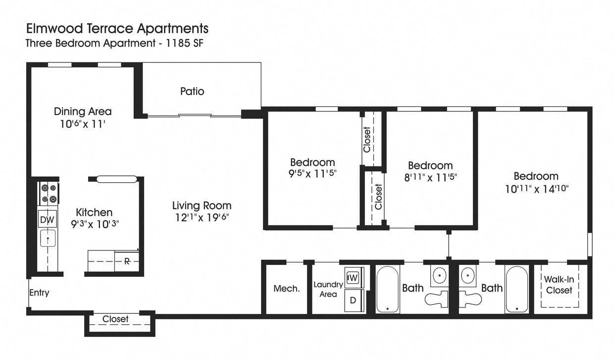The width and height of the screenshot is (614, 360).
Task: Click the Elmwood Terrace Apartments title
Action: [117, 28]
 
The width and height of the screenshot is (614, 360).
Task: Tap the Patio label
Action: [192, 92]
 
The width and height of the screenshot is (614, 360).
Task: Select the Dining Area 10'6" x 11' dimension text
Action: [83, 124]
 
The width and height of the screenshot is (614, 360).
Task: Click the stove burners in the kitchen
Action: [49, 194]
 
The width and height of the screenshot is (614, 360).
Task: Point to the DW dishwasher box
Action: [48, 219]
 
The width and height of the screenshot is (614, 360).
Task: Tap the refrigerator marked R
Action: [127, 261]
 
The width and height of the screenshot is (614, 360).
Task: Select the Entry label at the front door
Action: [39, 293]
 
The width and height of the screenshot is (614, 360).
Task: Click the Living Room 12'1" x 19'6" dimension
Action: [202, 217]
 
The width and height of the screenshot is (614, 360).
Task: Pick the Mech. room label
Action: [287, 289]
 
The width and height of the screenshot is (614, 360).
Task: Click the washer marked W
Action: [353, 277]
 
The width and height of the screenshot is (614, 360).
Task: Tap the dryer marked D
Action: [353, 300]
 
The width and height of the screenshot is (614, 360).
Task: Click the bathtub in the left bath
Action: [387, 290]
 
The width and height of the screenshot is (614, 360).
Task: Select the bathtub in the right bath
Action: [516, 290]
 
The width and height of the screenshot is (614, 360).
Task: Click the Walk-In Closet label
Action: [559, 285]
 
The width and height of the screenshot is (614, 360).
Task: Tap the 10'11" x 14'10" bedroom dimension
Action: [536, 188]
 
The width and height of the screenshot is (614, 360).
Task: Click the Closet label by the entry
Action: [115, 319]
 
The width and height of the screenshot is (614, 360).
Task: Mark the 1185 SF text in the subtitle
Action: [184, 43]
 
